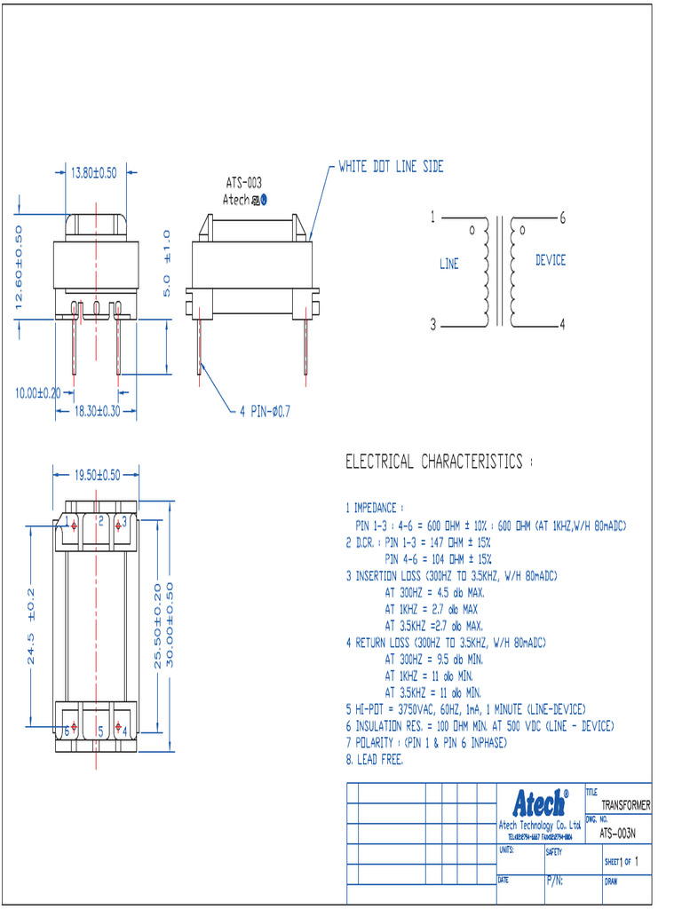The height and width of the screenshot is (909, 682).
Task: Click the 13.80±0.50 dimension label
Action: pos(93,173)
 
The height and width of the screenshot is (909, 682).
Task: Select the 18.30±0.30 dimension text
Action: pos(97,411)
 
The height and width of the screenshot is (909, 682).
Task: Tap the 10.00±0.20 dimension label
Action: pos(37,392)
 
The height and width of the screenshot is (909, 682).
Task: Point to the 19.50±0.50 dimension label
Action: pos(97,475)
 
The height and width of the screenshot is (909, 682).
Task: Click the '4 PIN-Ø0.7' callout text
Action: pos(265,411)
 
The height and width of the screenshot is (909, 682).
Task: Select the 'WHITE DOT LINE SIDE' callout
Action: pos(391,167)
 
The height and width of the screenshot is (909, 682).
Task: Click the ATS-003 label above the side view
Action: pos(243,183)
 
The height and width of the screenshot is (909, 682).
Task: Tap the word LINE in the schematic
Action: pos(449,264)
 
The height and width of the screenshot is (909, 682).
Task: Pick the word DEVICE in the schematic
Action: pos(550,260)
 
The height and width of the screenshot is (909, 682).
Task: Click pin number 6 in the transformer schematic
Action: pos(563,217)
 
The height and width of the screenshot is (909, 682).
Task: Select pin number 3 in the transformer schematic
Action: pos(433,325)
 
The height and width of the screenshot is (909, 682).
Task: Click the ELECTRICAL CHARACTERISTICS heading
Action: pos(439,462)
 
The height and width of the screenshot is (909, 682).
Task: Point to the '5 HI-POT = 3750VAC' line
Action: pos(464,709)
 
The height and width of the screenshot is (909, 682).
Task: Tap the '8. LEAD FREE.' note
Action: pos(374,760)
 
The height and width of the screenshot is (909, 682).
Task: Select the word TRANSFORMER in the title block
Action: pos(625,805)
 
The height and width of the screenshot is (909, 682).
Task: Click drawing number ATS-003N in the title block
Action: pos(617,834)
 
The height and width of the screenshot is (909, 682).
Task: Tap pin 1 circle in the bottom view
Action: pos(75,525)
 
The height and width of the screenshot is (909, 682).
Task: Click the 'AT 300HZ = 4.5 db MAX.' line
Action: pos(434,592)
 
